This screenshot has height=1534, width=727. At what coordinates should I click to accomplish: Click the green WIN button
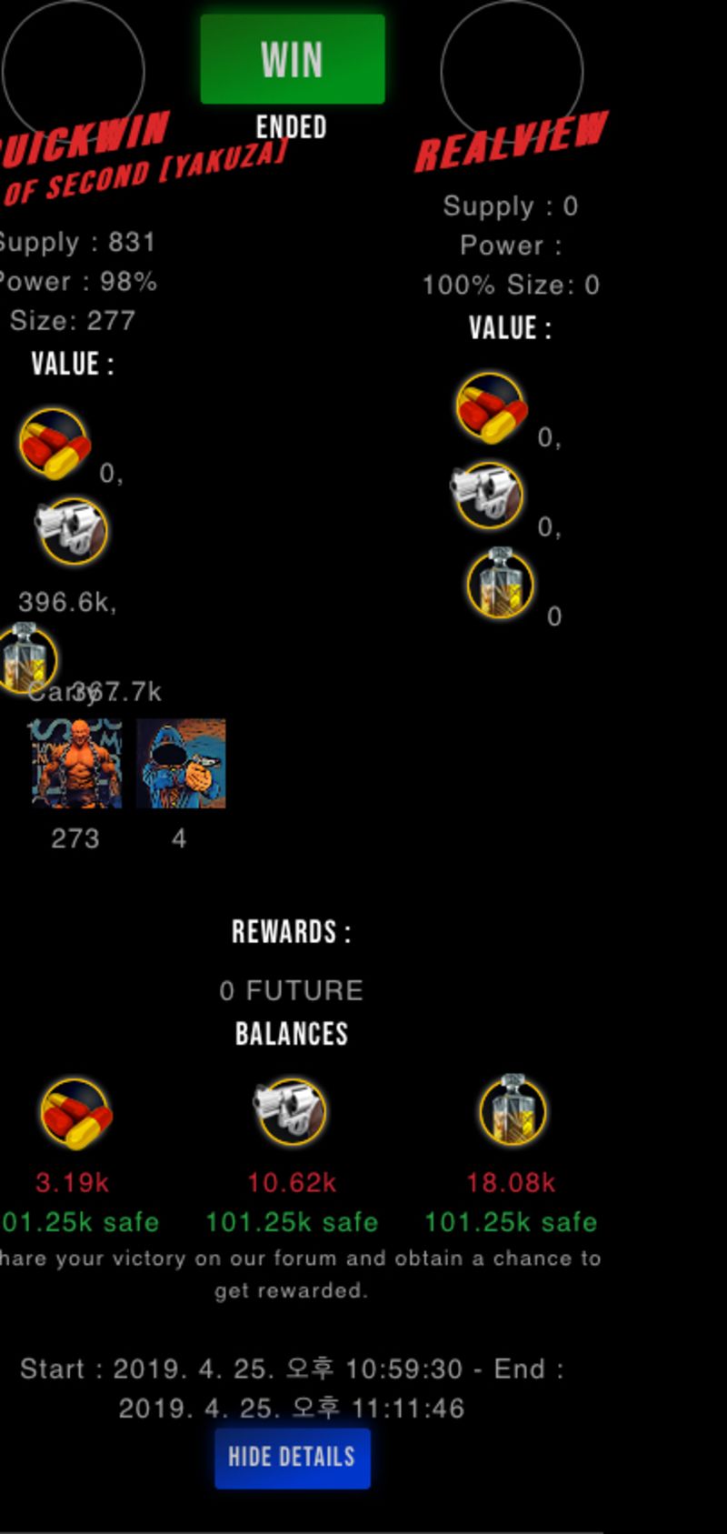pyautogui.click(x=292, y=59)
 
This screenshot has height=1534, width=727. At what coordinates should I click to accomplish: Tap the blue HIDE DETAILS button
pyautogui.click(x=292, y=1457)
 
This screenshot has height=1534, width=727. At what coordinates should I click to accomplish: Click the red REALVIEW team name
pyautogui.click(x=512, y=141)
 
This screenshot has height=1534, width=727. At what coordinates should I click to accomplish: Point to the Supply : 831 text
pyautogui.click(x=76, y=243)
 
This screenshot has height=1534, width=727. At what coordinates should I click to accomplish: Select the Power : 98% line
pyautogui.click(x=77, y=282)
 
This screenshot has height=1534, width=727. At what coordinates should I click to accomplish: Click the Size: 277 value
pyautogui.click(x=73, y=321)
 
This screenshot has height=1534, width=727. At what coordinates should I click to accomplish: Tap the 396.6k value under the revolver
pyautogui.click(x=67, y=602)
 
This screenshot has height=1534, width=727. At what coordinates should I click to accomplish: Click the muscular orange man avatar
pyautogui.click(x=76, y=764)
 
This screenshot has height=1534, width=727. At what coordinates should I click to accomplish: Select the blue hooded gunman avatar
pyautogui.click(x=181, y=764)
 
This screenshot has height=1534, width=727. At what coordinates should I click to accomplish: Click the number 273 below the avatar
pyautogui.click(x=75, y=838)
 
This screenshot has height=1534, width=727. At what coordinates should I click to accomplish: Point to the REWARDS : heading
pyautogui.click(x=291, y=932)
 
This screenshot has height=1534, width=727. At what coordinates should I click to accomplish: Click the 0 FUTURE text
pyautogui.click(x=291, y=990)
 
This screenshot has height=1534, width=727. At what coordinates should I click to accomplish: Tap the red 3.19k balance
pyautogui.click(x=72, y=1183)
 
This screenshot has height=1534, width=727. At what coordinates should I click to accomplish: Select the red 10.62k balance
pyautogui.click(x=292, y=1183)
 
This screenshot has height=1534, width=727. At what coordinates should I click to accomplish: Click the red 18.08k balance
pyautogui.click(x=511, y=1183)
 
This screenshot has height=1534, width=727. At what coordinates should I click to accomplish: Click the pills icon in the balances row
pyautogui.click(x=75, y=1113)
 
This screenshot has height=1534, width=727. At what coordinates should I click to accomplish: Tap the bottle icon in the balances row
pyautogui.click(x=513, y=1109)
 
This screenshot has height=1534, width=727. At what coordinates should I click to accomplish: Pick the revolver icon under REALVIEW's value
pyautogui.click(x=488, y=495)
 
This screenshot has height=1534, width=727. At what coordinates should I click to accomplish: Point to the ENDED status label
pyautogui.click(x=291, y=127)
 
